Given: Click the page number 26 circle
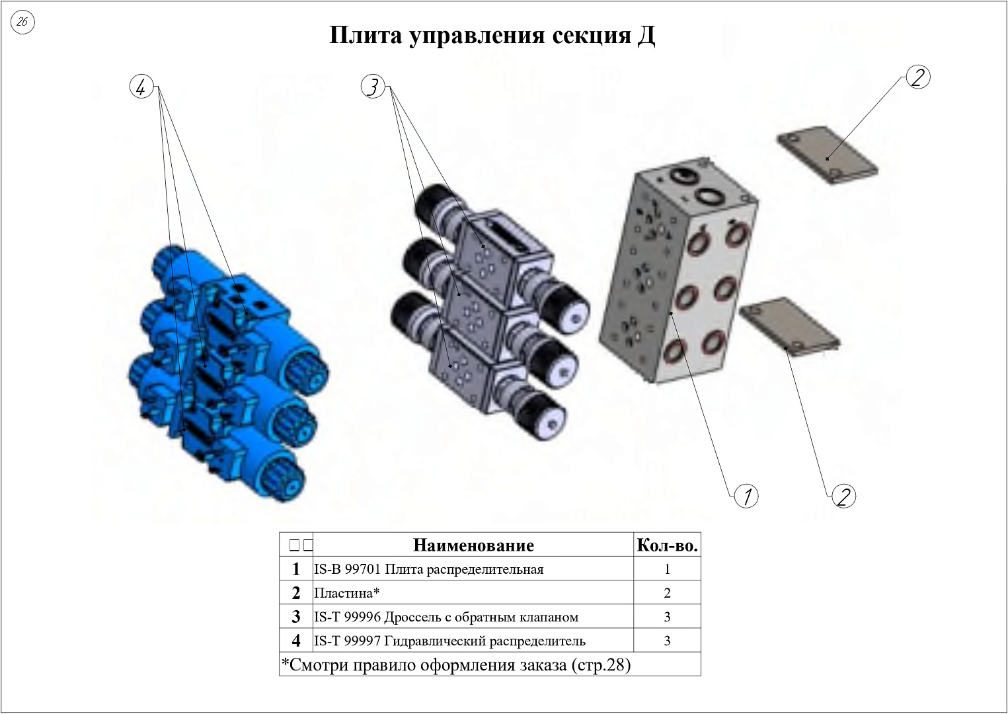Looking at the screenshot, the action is [x=22, y=22].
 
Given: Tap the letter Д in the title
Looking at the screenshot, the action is [x=645, y=36].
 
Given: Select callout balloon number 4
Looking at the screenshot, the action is [x=141, y=87].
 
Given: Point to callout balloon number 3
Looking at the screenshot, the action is [x=373, y=87].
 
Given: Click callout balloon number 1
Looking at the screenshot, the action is [x=746, y=496].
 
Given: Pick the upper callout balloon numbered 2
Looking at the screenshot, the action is [x=918, y=77].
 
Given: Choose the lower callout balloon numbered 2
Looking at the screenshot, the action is [x=844, y=496].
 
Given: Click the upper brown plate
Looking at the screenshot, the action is [x=828, y=155].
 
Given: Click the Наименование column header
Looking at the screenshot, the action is [x=473, y=545].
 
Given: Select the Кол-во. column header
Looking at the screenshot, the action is [x=668, y=545].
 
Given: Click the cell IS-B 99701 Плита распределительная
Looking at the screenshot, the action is [x=473, y=569].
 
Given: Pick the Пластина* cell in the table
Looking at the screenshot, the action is [x=473, y=593].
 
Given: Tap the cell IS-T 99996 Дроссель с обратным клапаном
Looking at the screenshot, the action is [x=473, y=617].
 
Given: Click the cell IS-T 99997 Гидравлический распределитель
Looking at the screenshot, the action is [x=473, y=641].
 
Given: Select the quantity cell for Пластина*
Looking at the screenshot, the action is [x=668, y=593].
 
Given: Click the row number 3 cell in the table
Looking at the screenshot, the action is [x=296, y=617].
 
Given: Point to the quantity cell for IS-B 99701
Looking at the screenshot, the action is [x=668, y=569].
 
